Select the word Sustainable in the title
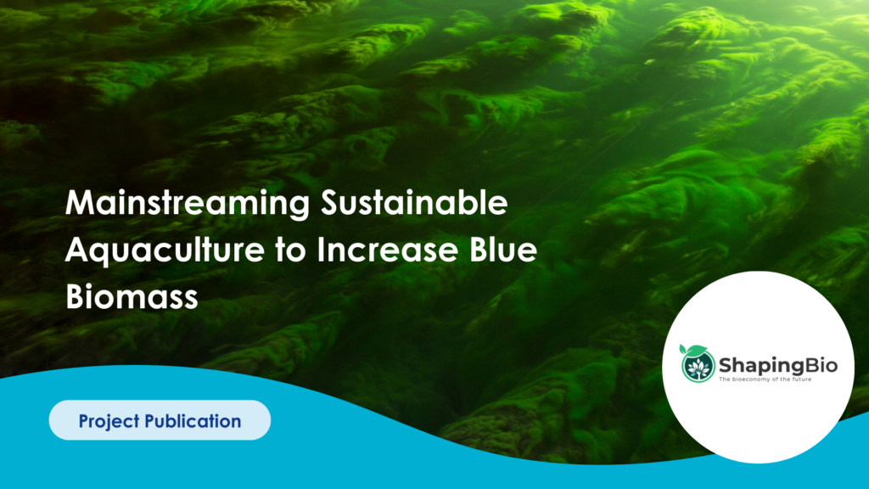(x=414, y=202)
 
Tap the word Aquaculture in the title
(x=165, y=250)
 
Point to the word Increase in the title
(x=387, y=250)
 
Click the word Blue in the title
(x=503, y=250)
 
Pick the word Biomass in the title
(x=132, y=296)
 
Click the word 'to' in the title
(x=290, y=251)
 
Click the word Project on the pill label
(x=109, y=421)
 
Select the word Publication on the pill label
(x=193, y=421)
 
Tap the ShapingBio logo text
(x=778, y=365)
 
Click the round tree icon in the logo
(x=698, y=366)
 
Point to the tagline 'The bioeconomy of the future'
(x=765, y=379)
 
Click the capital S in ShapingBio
(x=726, y=365)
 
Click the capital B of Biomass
(x=75, y=296)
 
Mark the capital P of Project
(x=84, y=421)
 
